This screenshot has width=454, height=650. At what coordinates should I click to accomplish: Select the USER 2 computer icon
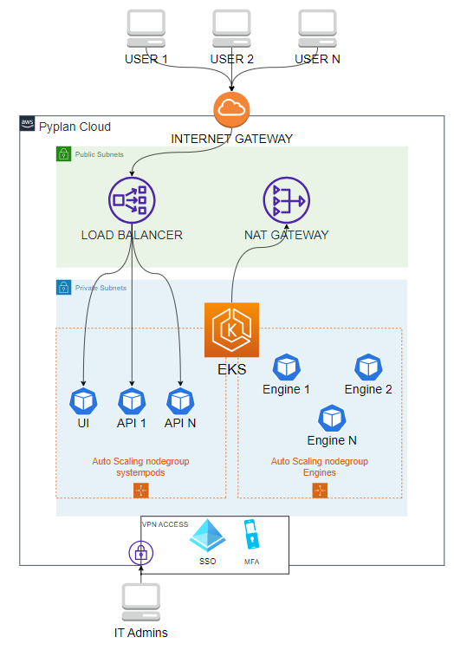click(231, 29)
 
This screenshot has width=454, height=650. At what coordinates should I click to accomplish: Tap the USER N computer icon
click(317, 29)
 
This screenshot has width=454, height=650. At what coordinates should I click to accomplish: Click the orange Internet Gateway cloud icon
click(231, 109)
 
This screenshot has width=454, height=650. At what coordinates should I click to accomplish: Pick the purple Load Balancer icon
click(131, 199)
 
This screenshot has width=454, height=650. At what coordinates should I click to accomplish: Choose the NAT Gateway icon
click(286, 199)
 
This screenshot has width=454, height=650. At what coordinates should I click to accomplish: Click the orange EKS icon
click(231, 329)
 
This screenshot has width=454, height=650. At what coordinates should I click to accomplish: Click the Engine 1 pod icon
click(286, 366)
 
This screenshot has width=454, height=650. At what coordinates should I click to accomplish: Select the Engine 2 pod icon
click(368, 366)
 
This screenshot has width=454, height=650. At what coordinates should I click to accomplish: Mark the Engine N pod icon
click(332, 418)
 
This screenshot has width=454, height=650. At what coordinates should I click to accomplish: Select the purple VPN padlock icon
click(140, 552)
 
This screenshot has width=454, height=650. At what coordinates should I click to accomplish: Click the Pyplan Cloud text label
click(75, 127)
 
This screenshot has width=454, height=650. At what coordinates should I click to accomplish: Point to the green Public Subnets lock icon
click(64, 154)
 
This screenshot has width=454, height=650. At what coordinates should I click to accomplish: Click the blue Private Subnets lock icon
click(64, 287)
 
